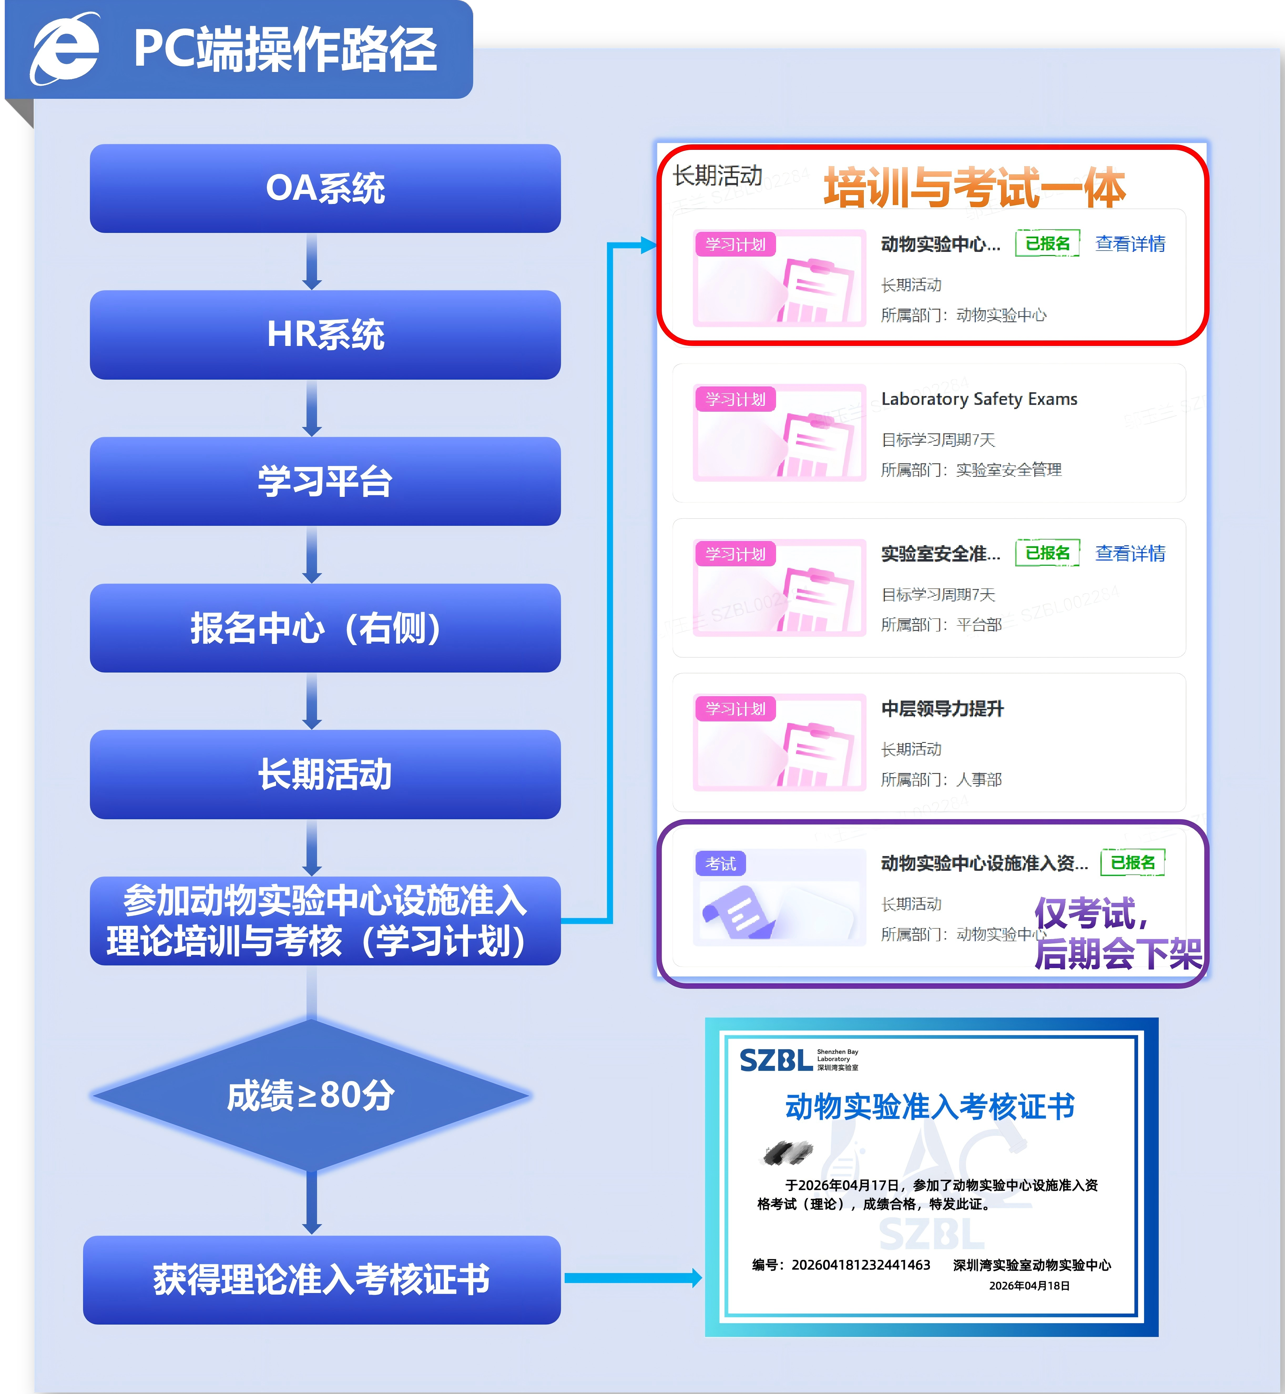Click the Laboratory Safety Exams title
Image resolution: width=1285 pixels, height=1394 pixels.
coord(979,399)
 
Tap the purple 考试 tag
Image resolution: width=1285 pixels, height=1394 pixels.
coord(720,863)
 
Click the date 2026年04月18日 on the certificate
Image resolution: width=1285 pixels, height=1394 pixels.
coord(1029,1285)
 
